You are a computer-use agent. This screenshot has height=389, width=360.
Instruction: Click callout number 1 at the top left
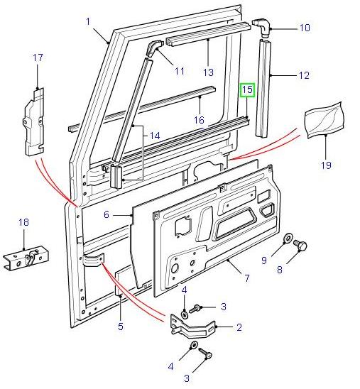click(x=88, y=21)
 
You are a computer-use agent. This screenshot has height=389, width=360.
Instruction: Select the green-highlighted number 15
click(x=246, y=90)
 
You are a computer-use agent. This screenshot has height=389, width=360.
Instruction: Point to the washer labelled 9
click(x=289, y=239)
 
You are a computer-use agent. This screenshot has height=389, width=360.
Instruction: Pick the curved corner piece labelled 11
click(x=154, y=49)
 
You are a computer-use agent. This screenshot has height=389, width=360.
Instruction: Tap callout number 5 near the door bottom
click(x=120, y=327)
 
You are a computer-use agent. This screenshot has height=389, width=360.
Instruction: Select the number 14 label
click(x=156, y=134)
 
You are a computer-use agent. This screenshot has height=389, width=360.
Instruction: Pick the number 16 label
click(x=200, y=120)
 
